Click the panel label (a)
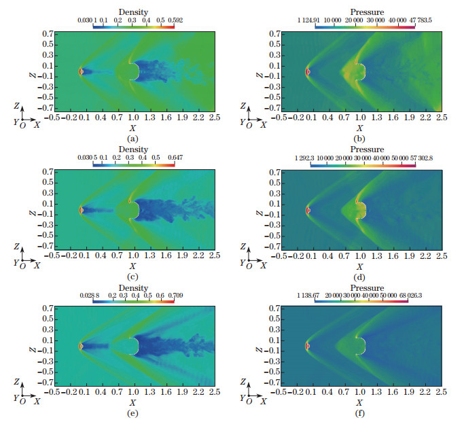132,138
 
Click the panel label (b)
359,138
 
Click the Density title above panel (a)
130,12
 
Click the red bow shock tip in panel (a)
81,71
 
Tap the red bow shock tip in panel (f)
308,347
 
